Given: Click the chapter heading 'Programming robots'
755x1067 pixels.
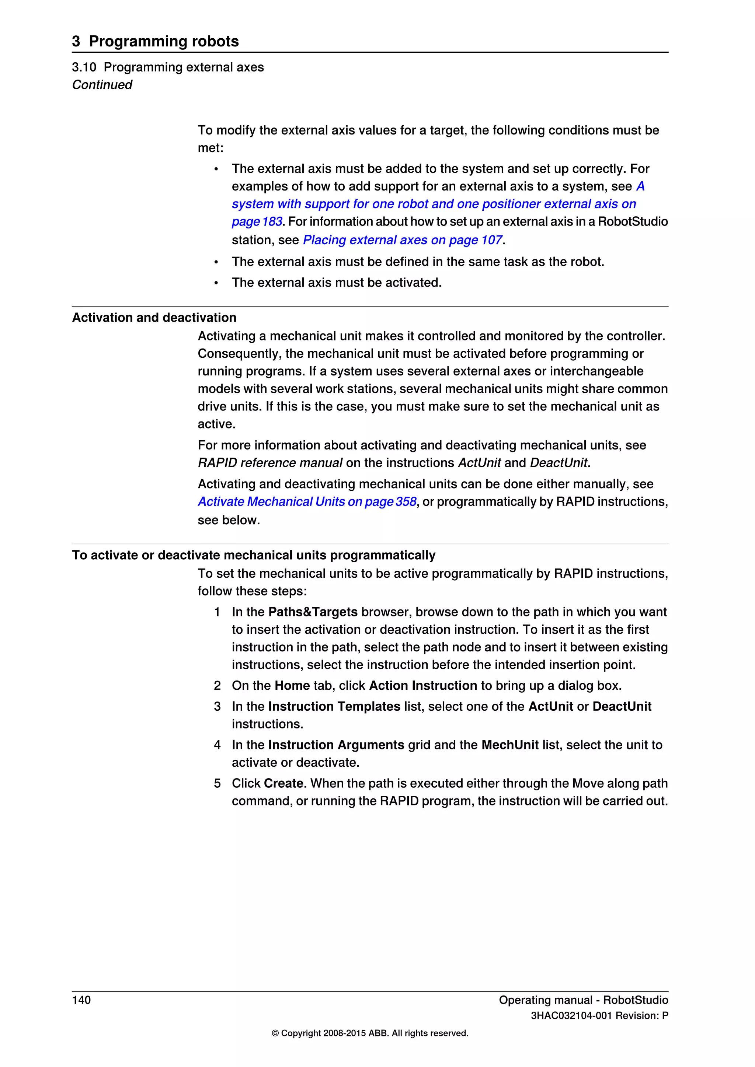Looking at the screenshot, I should (164, 41).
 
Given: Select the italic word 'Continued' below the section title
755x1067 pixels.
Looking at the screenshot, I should (102, 85).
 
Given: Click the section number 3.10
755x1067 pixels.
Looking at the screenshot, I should (84, 67).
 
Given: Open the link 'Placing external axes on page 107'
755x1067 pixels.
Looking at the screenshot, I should (402, 240).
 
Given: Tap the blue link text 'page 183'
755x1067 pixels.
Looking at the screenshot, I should (257, 222).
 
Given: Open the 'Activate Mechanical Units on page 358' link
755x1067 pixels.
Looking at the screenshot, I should (307, 501).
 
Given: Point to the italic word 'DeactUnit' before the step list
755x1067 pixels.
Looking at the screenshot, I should (559, 463).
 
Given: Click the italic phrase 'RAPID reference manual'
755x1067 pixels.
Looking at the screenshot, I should (270, 463).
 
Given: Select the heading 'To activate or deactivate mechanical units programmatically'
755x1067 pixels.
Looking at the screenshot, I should (253, 555).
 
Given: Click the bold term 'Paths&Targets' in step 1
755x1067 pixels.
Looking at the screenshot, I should (313, 612).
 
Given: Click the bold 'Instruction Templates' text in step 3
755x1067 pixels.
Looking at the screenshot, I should (334, 706).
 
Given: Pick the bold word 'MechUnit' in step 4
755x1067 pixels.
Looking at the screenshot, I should (510, 745).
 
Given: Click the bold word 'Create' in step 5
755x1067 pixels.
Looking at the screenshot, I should (283, 784).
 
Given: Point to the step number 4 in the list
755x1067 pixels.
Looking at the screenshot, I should (217, 745).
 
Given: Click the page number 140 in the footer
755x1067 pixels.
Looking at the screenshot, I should (81, 1000).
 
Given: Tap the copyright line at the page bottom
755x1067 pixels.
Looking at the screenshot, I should (370, 1033).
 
